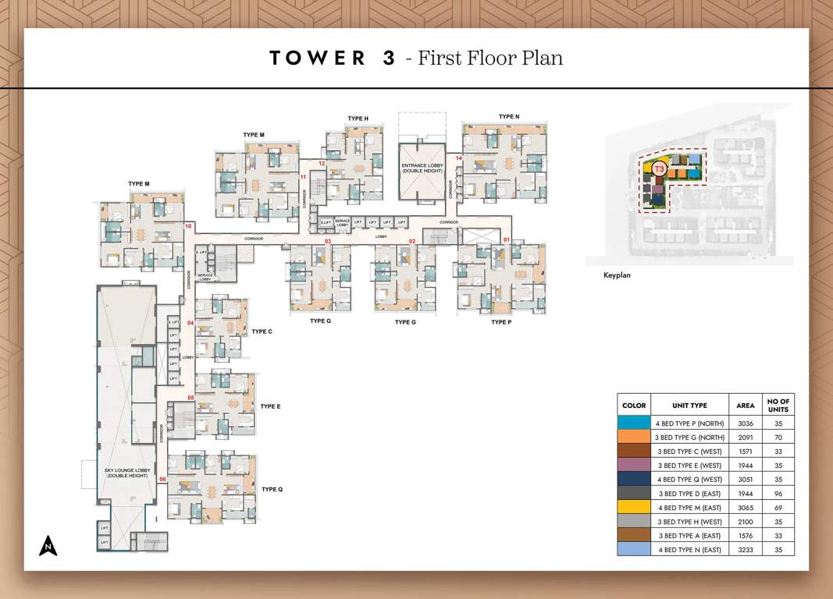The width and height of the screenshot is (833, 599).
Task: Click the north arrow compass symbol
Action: (48, 545)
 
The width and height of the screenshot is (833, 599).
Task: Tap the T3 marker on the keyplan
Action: (659, 168)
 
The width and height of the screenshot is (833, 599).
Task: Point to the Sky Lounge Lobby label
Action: (126, 473)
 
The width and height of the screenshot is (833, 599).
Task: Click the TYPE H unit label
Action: (358, 119)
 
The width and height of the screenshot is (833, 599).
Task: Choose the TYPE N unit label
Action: (508, 117)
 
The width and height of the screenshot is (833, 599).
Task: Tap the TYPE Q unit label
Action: (272, 489)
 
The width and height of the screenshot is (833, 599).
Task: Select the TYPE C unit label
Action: (262, 331)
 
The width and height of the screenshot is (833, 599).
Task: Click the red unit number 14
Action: (459, 158)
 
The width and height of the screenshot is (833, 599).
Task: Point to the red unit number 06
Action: (162, 479)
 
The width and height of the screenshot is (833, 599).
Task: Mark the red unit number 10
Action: (188, 226)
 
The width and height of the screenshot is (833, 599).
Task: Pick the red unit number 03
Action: (328, 242)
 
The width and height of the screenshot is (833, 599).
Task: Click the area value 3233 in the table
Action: (745, 550)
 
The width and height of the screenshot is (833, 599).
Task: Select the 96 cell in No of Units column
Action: (778, 494)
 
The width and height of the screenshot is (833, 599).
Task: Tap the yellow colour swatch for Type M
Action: (633, 508)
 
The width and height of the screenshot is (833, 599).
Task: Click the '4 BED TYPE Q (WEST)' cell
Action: (689, 480)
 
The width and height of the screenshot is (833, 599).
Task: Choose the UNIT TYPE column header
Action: (689, 406)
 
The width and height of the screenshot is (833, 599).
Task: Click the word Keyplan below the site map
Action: (617, 275)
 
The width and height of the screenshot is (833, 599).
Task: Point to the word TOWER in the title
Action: (317, 58)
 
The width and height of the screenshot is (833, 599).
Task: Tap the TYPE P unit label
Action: (501, 322)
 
